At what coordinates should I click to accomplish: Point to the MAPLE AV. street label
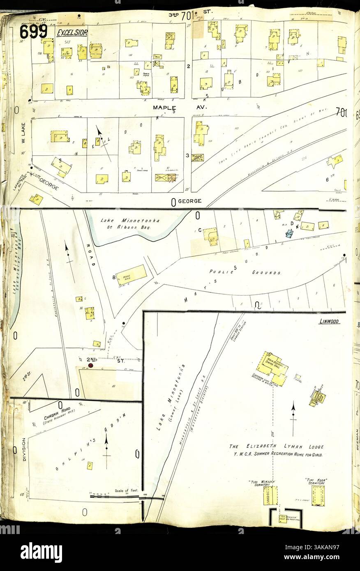(180, 107)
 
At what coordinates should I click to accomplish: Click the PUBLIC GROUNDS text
(245, 272)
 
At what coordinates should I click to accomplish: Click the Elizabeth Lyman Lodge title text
(277, 447)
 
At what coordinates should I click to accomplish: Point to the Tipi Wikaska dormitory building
(270, 495)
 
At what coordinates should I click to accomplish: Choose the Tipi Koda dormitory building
(318, 495)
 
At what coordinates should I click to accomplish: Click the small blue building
(289, 233)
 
